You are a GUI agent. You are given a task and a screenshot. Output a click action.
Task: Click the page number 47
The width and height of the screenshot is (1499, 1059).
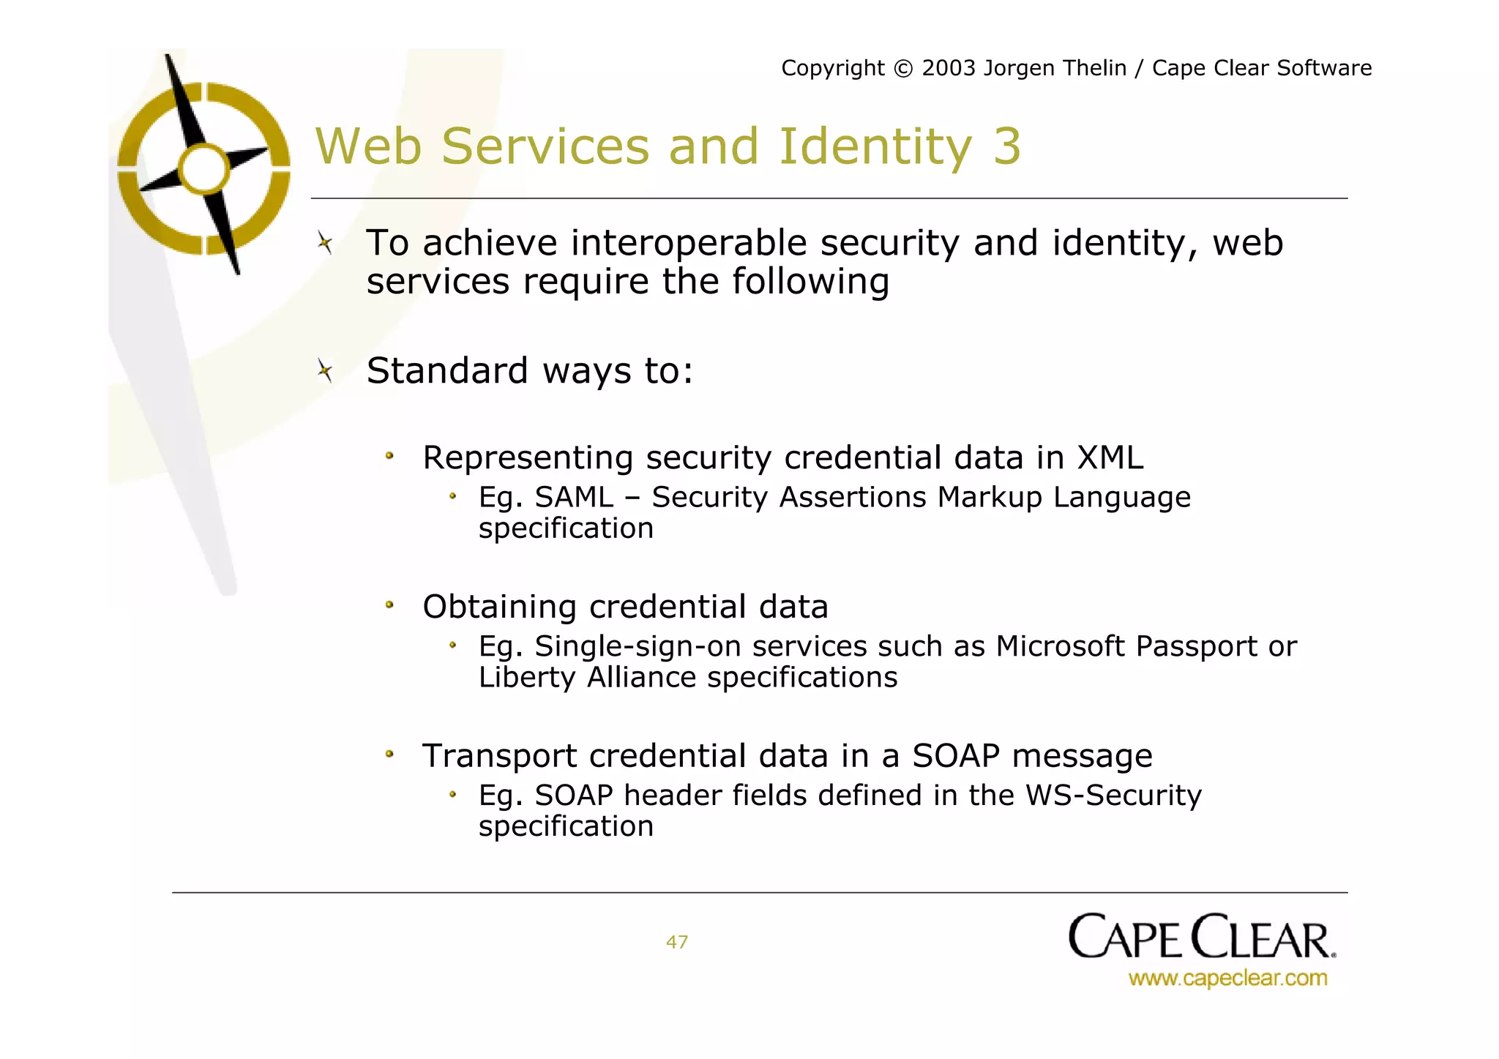click(677, 942)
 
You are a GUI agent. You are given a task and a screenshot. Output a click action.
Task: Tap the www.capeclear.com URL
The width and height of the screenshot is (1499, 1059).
click(1227, 978)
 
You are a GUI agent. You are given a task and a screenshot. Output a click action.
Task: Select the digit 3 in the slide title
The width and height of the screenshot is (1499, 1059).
click(1006, 146)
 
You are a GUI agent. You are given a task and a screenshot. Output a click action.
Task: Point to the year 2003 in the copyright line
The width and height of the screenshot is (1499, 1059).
click(949, 68)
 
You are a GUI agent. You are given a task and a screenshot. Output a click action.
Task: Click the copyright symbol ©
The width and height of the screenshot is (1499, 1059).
click(904, 69)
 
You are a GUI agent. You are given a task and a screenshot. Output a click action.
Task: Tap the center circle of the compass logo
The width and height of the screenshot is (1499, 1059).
click(204, 169)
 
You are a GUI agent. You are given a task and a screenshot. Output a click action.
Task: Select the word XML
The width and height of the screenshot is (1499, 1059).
click(1110, 458)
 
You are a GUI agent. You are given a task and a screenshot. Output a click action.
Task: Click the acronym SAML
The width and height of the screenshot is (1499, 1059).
click(574, 498)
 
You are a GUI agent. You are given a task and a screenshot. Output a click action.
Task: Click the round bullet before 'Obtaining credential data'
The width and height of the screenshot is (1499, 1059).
click(390, 605)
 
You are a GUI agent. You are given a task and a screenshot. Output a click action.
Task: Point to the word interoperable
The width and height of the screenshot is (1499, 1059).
click(688, 244)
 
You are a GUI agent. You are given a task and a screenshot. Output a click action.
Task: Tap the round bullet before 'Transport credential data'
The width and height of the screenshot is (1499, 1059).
click(390, 754)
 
